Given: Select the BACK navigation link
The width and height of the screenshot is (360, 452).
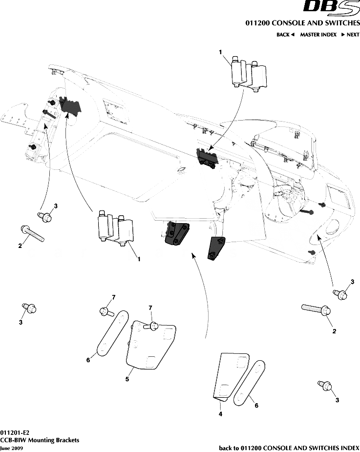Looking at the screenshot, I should point(285,35).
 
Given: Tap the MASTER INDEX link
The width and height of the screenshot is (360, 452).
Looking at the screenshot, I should point(318,35).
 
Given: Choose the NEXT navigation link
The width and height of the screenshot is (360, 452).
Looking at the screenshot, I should point(350,35).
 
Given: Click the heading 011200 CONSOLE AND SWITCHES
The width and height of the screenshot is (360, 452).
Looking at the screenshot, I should point(302,23).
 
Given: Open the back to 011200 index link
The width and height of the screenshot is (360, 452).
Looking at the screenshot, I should point(289,448).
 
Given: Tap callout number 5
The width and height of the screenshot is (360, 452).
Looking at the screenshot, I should point(127,379).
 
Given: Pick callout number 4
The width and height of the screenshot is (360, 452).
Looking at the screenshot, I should point(220,414).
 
